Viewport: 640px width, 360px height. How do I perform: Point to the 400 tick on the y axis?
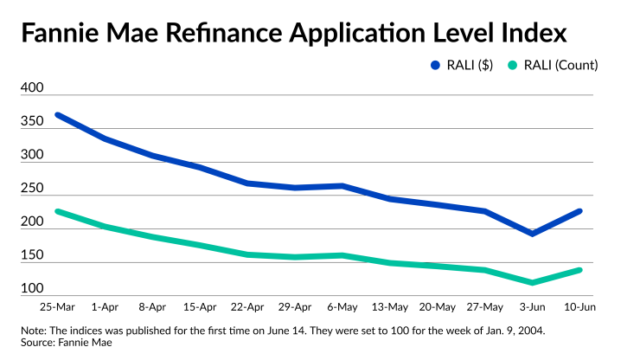pyautogui.click(x=33, y=88)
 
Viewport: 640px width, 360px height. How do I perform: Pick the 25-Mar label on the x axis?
pyautogui.click(x=56, y=306)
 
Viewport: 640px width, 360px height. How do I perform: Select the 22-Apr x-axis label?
pyautogui.click(x=248, y=306)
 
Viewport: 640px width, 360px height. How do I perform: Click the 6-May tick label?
pyautogui.click(x=344, y=306)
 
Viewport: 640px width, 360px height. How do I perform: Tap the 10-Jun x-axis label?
pyautogui.click(x=579, y=306)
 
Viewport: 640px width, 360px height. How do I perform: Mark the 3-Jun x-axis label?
pyautogui.click(x=533, y=306)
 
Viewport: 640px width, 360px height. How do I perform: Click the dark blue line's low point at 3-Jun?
pyautogui.click(x=533, y=234)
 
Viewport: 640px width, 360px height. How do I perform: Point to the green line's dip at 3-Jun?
pyautogui.click(x=533, y=282)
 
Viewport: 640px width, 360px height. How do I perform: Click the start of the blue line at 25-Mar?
pyautogui.click(x=57, y=114)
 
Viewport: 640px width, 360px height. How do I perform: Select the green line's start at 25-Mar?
pyautogui.click(x=57, y=211)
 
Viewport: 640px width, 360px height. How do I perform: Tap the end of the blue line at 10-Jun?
pyautogui.click(x=579, y=211)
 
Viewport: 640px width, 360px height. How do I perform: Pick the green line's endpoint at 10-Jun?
pyautogui.click(x=579, y=270)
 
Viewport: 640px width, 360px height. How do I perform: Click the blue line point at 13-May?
pyautogui.click(x=391, y=199)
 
